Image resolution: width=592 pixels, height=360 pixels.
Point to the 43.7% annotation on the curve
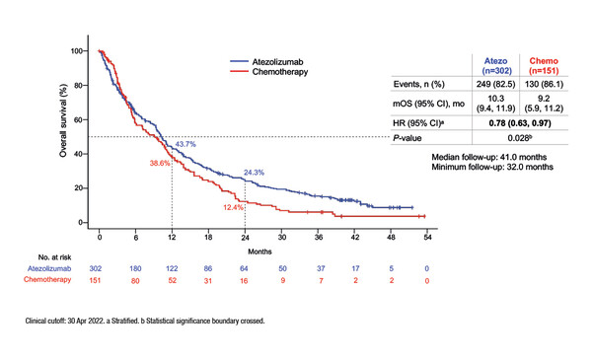click(x=187, y=145)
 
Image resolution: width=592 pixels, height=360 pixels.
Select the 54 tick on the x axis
click(x=426, y=238)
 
